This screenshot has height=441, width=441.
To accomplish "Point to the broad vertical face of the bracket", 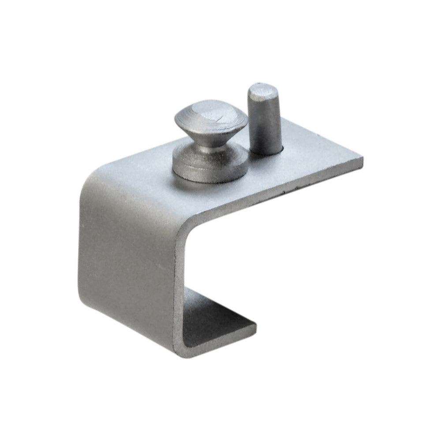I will coord(128,265).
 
